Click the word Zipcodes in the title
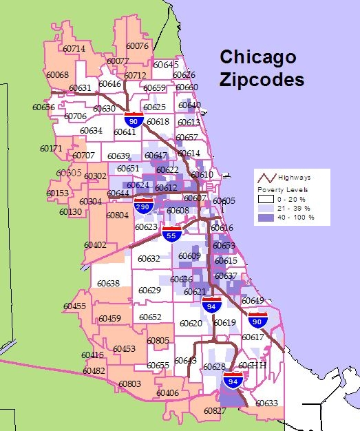pyautogui.click(x=262, y=79)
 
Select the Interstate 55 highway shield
pyautogui.click(x=172, y=234)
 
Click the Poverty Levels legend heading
pyautogui.click(x=282, y=189)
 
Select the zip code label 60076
pyautogui.click(x=138, y=46)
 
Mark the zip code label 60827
pyautogui.click(x=215, y=411)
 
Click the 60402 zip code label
pyautogui.click(x=96, y=244)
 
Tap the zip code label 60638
pyautogui.click(x=108, y=283)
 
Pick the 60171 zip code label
pyautogui.click(x=51, y=148)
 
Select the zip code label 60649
pyautogui.click(x=253, y=300)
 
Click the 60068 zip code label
pyautogui.click(x=58, y=74)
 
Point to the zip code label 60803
pyautogui.click(x=130, y=383)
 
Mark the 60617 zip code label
pyautogui.click(x=253, y=337)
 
